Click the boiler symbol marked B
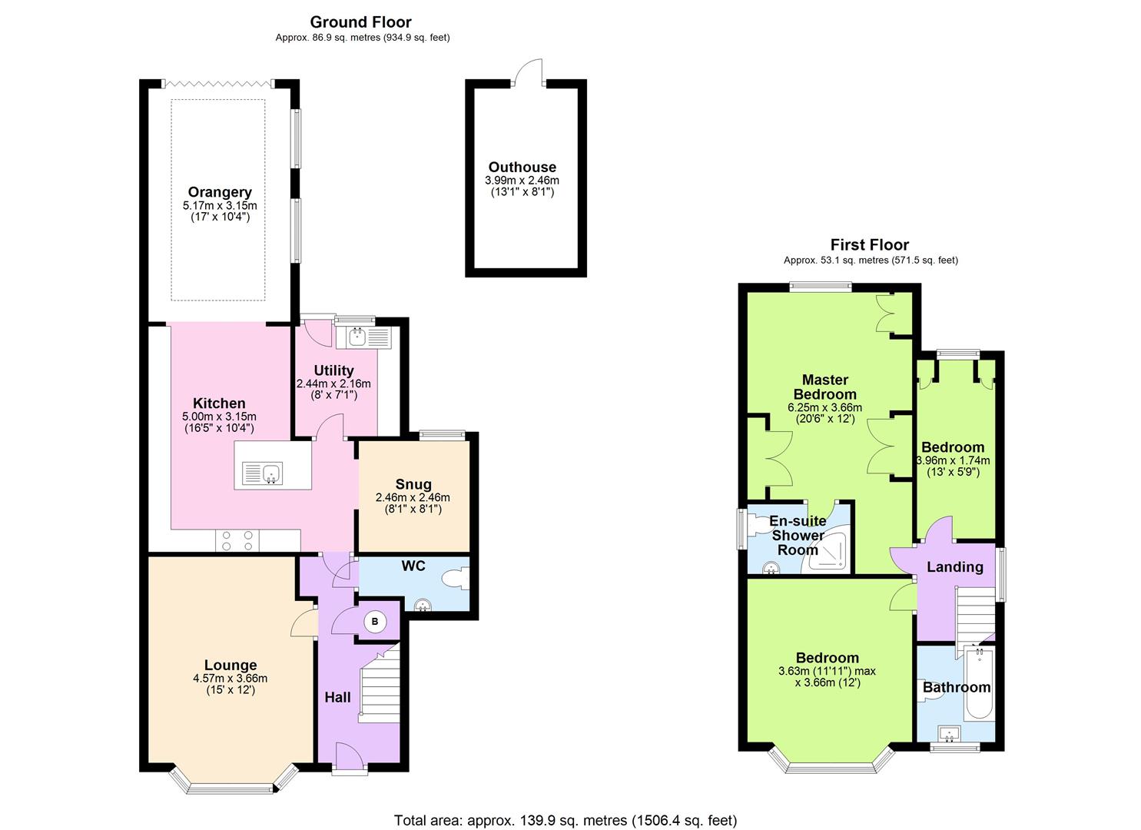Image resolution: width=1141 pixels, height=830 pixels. tap(375, 622)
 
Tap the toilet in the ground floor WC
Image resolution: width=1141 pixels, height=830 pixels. tap(455, 578)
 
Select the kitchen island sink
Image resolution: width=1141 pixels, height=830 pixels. tap(263, 473)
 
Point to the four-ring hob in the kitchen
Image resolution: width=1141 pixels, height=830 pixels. tap(237, 541)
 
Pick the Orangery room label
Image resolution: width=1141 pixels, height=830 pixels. tap(220, 192)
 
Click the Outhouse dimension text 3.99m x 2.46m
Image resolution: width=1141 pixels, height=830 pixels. tap(522, 181)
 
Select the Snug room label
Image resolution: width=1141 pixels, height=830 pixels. tap(413, 484)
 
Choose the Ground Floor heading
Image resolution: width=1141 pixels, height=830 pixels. tap(360, 22)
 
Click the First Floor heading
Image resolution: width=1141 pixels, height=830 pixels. tap(869, 245)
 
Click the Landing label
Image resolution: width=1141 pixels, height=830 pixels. tap(954, 567)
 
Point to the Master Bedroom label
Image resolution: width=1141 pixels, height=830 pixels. tap(824, 387)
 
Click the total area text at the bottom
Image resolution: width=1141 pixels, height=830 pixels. tap(565, 820)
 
